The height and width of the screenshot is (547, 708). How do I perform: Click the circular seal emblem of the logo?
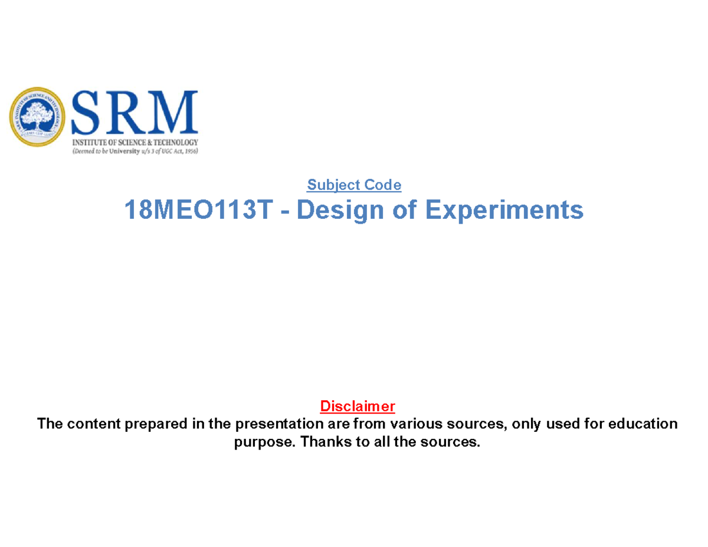38,117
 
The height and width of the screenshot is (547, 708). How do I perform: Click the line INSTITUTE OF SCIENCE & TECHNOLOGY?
135,143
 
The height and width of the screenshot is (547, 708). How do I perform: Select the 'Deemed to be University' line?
135,151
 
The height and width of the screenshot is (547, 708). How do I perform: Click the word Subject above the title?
333,185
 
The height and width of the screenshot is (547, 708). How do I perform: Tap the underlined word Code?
382,185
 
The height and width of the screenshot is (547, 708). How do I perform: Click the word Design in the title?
324,210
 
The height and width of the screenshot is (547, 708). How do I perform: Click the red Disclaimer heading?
357,407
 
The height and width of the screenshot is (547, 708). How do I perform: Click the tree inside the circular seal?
38,114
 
